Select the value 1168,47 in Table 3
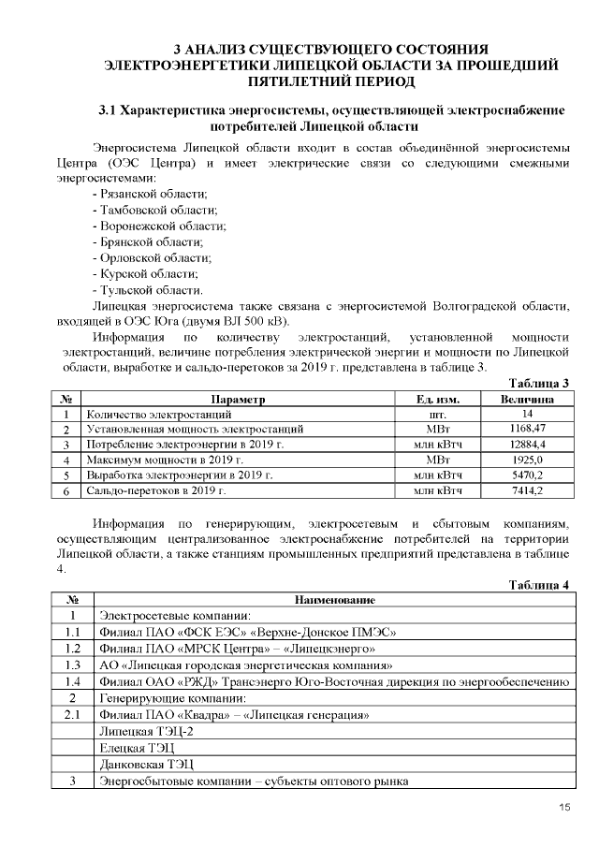pyautogui.click(x=527, y=429)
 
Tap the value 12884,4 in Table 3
pyautogui.click(x=527, y=445)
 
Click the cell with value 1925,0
pyautogui.click(x=527, y=460)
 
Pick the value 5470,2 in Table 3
pyautogui.click(x=527, y=475)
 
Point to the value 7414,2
pyautogui.click(x=527, y=489)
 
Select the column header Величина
pyautogui.click(x=527, y=399)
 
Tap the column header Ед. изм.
pyautogui.click(x=437, y=399)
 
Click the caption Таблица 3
pyautogui.click(x=539, y=383)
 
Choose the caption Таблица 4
pyautogui.click(x=539, y=584)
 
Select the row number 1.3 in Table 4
pyautogui.click(x=72, y=665)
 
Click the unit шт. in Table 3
pyautogui.click(x=437, y=414)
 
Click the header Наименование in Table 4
pyautogui.click(x=334, y=599)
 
